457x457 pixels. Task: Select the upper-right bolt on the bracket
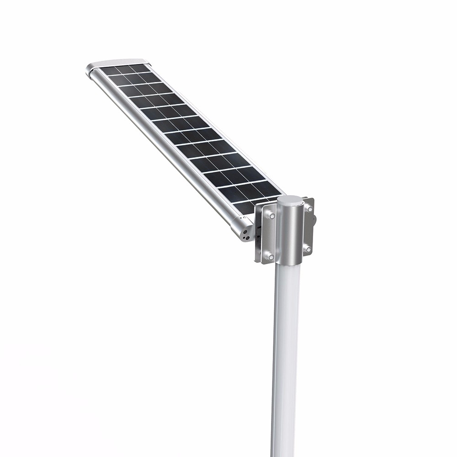(309, 209)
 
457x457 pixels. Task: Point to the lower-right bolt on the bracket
(308, 249)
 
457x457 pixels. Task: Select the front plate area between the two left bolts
(269, 235)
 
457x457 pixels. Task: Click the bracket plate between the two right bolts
(308, 228)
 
